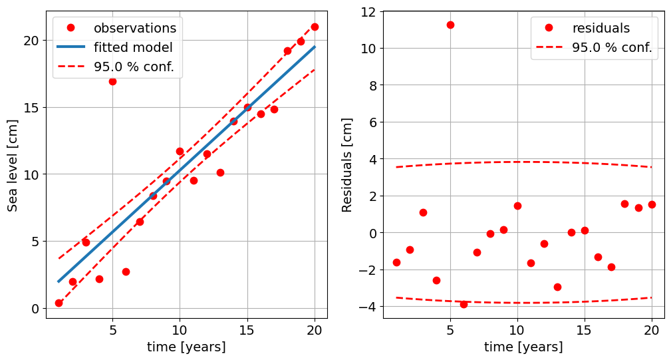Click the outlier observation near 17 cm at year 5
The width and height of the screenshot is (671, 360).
112,81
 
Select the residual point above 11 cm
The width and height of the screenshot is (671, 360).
450,25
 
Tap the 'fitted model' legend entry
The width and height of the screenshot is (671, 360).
133,48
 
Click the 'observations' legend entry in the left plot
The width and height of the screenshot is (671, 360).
134,28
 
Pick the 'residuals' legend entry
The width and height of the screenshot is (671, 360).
601,28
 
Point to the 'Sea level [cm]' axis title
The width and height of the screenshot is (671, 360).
13,165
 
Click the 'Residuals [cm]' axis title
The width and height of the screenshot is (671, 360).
347,165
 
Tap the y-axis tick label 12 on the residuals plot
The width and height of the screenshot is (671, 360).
366,12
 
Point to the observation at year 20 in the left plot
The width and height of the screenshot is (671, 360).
315,27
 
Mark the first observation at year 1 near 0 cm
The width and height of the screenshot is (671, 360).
59,303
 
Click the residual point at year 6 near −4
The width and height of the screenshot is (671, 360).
464,304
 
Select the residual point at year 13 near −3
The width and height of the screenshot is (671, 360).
557,287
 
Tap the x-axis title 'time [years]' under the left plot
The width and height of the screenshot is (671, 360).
186,347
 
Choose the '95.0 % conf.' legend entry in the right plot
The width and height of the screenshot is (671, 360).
611,48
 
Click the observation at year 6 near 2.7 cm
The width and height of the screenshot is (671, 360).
126,271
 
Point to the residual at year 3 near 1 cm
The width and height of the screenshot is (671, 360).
423,212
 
